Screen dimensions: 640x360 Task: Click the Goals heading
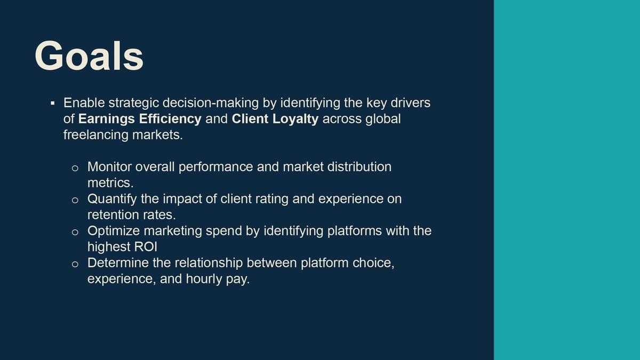click(89, 56)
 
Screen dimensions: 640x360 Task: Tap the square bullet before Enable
click(52, 103)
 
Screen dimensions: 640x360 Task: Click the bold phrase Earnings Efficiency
click(140, 119)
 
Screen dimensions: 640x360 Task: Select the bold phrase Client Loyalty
click(275, 119)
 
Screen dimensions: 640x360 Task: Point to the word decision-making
click(211, 103)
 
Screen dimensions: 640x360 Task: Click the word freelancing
click(96, 135)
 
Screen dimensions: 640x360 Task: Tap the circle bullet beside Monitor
click(75, 169)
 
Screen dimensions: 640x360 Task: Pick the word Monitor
click(109, 167)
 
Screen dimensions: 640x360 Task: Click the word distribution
click(359, 167)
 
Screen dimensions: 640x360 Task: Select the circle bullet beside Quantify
click(75, 201)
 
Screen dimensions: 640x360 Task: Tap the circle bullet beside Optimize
click(75, 233)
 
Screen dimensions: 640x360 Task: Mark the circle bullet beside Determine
click(75, 265)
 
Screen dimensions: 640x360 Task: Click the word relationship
click(209, 263)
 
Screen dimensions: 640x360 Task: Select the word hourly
click(204, 279)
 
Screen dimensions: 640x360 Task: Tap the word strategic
click(134, 103)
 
